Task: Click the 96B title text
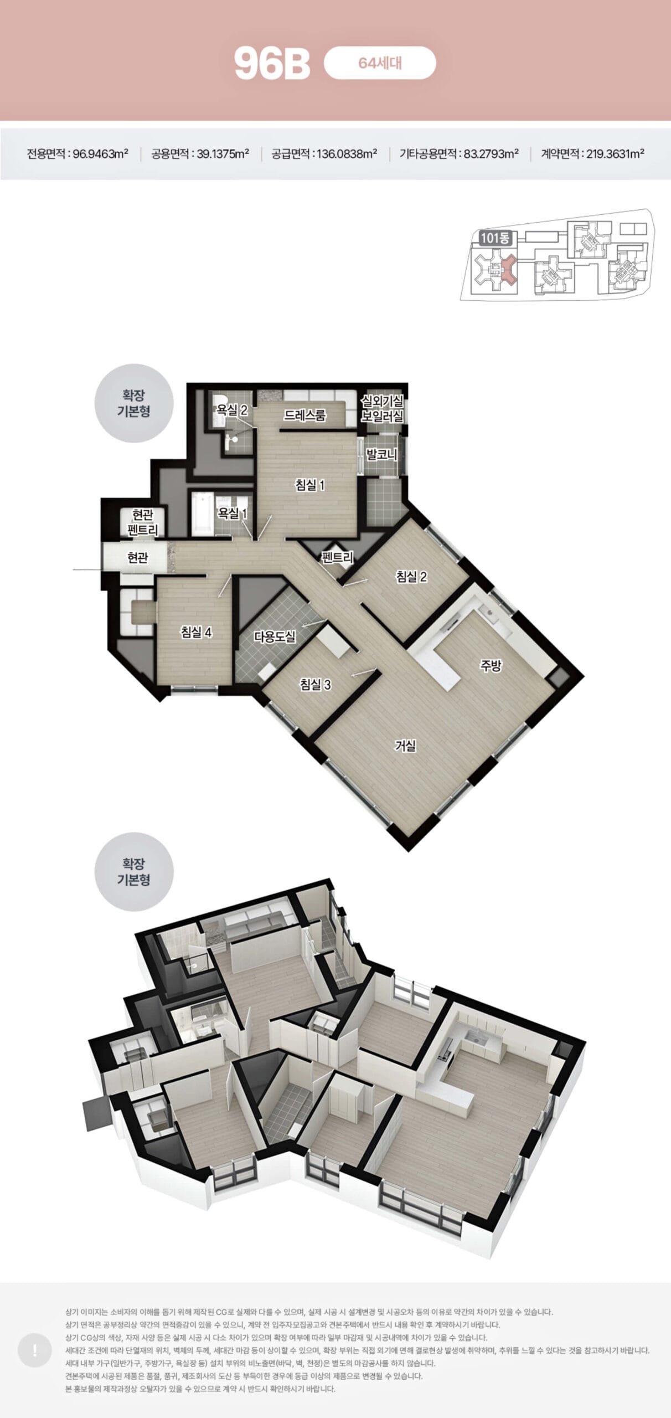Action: tap(272, 64)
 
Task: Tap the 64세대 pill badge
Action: tap(380, 63)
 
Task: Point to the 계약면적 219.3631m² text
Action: tap(592, 154)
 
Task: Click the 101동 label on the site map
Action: tap(494, 239)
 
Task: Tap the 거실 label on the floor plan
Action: tap(405, 746)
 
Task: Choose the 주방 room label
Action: tap(490, 666)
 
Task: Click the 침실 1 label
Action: tap(310, 485)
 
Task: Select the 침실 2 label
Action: tap(411, 577)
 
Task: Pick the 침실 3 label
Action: tap(316, 685)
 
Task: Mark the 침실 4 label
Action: tap(197, 632)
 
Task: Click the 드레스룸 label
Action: tap(305, 415)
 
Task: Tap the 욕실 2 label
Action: tap(232, 410)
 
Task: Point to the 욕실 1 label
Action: tap(233, 513)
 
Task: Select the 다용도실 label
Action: tap(275, 636)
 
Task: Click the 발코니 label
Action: tap(382, 455)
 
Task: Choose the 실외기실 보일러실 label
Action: tap(382, 408)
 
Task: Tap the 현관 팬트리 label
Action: tap(143, 522)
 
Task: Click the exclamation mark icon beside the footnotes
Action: tap(35, 1350)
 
